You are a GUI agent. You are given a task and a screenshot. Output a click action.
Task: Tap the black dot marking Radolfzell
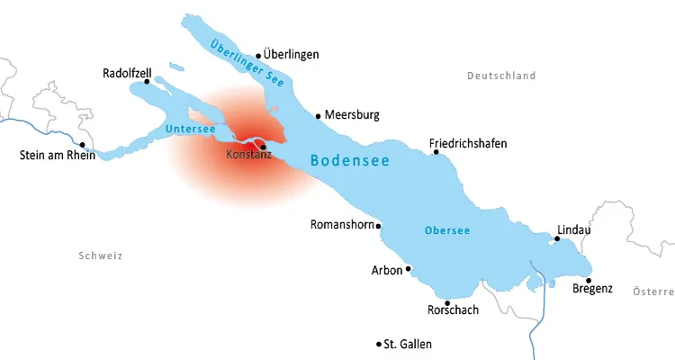tap(148, 81)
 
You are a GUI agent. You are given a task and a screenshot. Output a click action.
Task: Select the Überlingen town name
tap(291, 55)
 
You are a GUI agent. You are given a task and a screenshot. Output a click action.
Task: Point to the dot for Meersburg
tap(318, 115)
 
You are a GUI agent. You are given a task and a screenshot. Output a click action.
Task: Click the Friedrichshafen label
tap(468, 143)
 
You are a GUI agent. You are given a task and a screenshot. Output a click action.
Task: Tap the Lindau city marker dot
tap(557, 238)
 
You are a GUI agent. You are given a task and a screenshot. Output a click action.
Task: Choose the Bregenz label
tap(592, 289)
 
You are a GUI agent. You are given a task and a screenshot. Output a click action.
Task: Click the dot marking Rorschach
tap(447, 302)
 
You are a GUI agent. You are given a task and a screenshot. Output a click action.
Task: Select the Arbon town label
tap(386, 270)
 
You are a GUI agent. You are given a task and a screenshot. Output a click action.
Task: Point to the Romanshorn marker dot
tap(379, 226)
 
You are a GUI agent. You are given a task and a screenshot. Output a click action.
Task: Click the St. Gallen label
tap(408, 345)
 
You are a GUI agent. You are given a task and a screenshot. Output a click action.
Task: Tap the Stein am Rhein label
tap(57, 155)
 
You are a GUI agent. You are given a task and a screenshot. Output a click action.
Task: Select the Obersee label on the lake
tap(446, 230)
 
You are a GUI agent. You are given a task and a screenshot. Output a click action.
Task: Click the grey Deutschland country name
tap(501, 76)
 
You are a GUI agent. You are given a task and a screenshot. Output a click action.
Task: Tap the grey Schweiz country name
tap(100, 256)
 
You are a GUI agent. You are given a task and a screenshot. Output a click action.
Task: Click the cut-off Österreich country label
tap(653, 292)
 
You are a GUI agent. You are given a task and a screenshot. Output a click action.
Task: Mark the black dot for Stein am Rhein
tap(82, 144)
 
